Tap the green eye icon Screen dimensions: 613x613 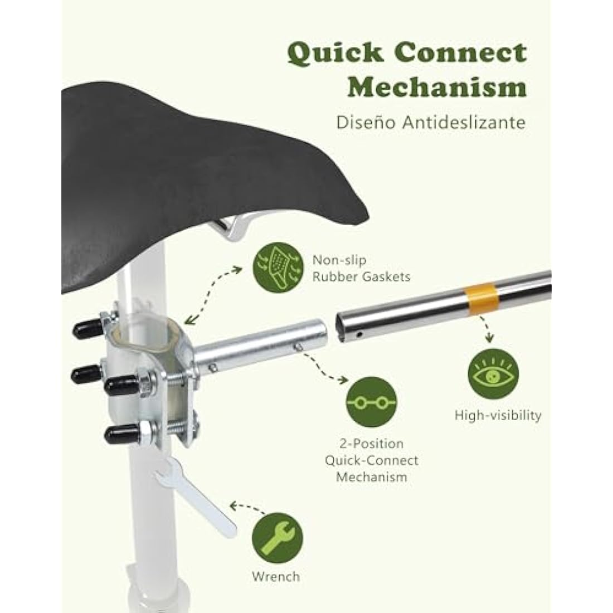tap(493, 374)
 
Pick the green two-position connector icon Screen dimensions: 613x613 tap(371, 402)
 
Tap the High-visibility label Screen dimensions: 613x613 tap(498, 415)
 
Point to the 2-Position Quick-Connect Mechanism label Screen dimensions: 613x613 tap(371, 460)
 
